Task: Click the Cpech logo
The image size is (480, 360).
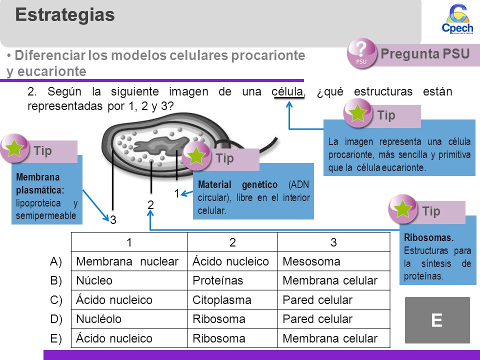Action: (x=457, y=19)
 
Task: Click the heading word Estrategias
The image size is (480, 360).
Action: (x=65, y=14)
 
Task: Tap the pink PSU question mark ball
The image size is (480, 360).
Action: (x=361, y=53)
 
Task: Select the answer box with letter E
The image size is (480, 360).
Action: (x=437, y=320)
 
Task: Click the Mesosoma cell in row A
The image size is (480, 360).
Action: (x=333, y=261)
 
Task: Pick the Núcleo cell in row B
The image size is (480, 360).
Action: (x=129, y=280)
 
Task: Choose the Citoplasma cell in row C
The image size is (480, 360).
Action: (x=232, y=299)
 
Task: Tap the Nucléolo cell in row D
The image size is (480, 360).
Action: (x=129, y=319)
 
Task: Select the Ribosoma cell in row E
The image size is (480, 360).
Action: (x=232, y=338)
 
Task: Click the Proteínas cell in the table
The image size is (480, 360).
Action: (x=232, y=280)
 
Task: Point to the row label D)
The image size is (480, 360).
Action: (x=56, y=319)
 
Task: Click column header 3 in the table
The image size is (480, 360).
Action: (x=333, y=242)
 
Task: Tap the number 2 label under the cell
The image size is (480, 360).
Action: (x=150, y=205)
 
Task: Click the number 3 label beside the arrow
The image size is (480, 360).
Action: (x=113, y=220)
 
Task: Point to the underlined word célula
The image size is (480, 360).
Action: (x=287, y=91)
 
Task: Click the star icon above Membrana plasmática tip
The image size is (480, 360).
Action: (x=14, y=148)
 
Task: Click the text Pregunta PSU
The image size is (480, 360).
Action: (x=425, y=53)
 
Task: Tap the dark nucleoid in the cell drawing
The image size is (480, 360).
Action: (x=160, y=144)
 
